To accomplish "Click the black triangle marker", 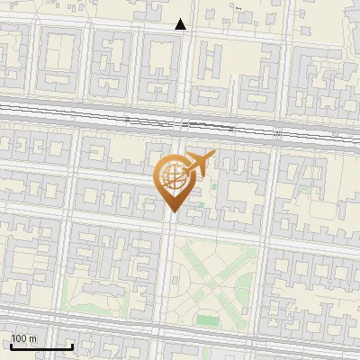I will tap(181, 24).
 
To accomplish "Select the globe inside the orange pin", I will tap(171, 180).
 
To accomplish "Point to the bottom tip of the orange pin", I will tap(171, 212).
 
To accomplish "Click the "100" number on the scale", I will tap(20, 338).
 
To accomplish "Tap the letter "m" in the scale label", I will tap(33, 338).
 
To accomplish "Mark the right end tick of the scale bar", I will tap(72, 345).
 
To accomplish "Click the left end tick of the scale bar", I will tap(11, 345).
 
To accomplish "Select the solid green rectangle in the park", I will tap(208, 319).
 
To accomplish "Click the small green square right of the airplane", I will tap(214, 187).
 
